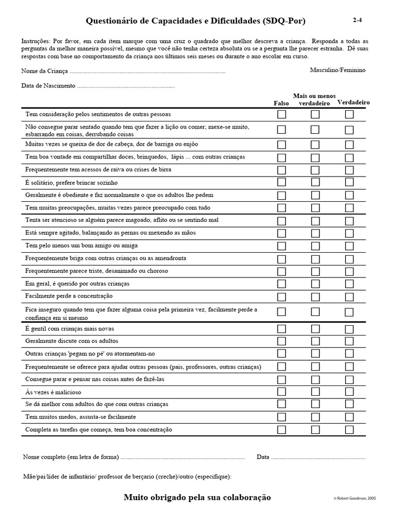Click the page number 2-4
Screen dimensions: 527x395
pos(357,21)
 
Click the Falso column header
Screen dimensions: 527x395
pos(281,103)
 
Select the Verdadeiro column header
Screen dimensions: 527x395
pos(353,102)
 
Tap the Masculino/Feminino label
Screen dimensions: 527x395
pos(338,69)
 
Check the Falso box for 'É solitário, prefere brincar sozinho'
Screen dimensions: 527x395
pos(282,182)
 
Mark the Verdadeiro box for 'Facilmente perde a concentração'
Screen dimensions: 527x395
pos(349,296)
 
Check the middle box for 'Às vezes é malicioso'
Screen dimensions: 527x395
pos(315,392)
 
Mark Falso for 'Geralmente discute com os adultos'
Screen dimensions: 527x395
pos(282,341)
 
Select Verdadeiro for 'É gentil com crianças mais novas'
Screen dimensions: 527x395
pos(349,328)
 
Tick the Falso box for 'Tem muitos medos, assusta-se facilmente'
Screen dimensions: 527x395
pos(282,417)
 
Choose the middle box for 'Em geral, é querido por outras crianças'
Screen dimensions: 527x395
pos(315,284)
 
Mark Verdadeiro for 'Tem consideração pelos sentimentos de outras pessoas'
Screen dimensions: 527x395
pos(349,114)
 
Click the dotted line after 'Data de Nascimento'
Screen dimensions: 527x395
pos(125,86)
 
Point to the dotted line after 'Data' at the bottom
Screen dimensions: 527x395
pos(318,457)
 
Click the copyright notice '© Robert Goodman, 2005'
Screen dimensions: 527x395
pos(354,499)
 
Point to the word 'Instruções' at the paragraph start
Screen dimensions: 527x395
pos(36,40)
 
